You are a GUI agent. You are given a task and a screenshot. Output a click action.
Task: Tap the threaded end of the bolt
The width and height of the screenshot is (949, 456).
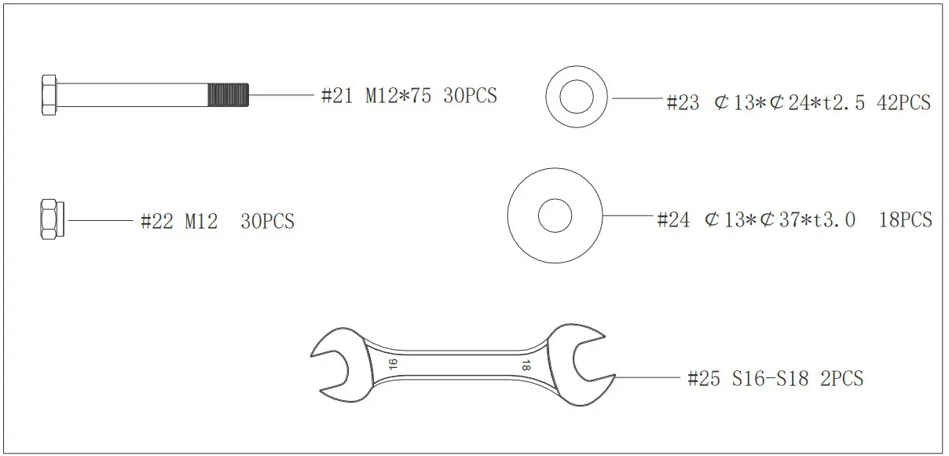point(229,95)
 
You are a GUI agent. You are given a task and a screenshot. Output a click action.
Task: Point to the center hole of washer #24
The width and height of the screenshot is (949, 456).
point(555,215)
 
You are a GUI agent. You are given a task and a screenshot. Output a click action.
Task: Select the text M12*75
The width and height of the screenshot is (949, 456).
point(398,96)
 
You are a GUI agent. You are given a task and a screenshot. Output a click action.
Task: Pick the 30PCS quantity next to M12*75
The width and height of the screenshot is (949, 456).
point(470,96)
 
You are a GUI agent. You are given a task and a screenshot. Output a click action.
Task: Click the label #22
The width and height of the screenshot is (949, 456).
point(156,222)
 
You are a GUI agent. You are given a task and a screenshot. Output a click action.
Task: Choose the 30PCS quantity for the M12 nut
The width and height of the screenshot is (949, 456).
point(267,222)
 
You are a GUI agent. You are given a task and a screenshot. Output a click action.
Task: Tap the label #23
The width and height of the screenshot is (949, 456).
point(682,103)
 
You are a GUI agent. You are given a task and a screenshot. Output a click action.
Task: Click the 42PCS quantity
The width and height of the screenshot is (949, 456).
point(903,103)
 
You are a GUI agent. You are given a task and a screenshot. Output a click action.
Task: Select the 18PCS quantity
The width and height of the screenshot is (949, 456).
point(905,219)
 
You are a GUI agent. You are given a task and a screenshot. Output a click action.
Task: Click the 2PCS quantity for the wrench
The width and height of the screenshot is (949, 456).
point(841,379)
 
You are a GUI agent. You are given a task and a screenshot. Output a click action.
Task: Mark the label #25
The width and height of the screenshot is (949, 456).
point(703,379)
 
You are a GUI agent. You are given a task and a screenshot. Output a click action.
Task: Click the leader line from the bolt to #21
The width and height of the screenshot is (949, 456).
point(283,95)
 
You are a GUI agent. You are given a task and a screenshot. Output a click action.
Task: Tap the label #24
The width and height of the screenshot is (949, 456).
point(673,219)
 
